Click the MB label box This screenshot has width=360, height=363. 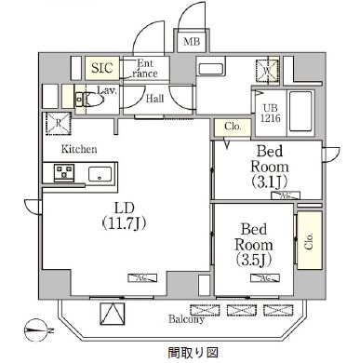pyautogui.click(x=191, y=42)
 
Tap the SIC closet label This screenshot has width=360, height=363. pyautogui.click(x=101, y=68)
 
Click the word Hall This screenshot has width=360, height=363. pyautogui.click(x=155, y=98)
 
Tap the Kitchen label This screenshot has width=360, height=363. pyautogui.click(x=80, y=149)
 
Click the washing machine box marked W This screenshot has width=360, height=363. pyautogui.click(x=267, y=70)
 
